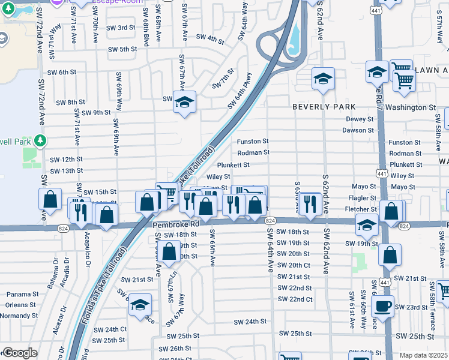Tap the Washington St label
(x=411, y=107)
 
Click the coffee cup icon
(x=382, y=305)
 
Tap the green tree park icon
(x=40, y=141)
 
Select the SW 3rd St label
(x=121, y=28)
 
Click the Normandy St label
(x=19, y=315)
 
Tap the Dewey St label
(x=360, y=119)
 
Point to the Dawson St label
(x=358, y=130)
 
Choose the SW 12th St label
(x=65, y=160)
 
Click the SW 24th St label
(x=250, y=322)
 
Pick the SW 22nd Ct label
(x=295, y=299)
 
